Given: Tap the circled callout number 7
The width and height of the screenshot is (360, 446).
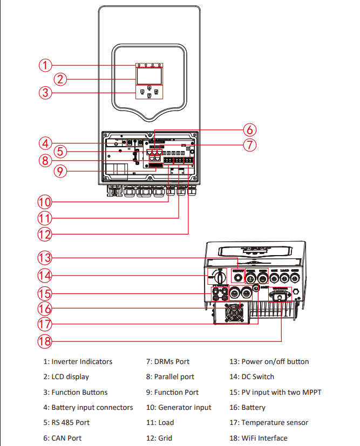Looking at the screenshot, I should tap(249, 145).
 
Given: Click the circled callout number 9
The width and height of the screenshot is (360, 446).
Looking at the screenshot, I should tap(60, 171).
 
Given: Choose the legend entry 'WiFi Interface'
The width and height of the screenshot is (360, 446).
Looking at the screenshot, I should tap(259, 438).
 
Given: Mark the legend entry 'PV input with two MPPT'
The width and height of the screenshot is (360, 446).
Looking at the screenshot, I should tap(276, 392).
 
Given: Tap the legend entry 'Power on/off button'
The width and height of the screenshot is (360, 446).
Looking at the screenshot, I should tap(269, 361).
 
